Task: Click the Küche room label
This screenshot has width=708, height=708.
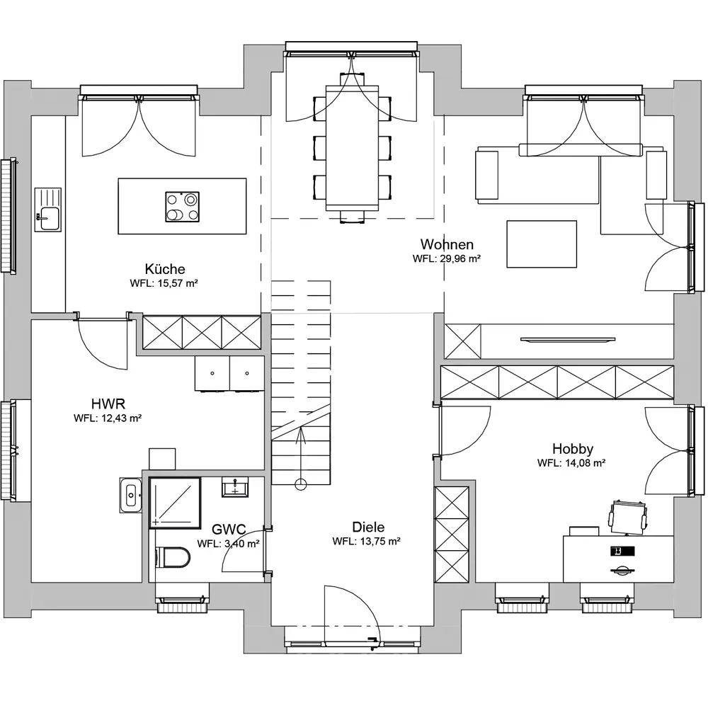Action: coord(165,268)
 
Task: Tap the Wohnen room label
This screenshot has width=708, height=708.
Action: coord(447,244)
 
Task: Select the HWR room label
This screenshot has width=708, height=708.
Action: coord(108,404)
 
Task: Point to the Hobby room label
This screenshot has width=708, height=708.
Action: coord(572,448)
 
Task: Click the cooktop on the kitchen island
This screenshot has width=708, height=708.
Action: coord(183,207)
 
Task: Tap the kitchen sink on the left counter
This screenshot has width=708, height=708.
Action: coord(48,210)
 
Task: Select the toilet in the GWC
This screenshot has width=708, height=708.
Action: coord(172,557)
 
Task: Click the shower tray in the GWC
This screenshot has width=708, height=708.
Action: coord(175,503)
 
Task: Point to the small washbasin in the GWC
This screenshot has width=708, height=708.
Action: coord(234,487)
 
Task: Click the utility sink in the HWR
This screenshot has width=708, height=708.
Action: coord(131,495)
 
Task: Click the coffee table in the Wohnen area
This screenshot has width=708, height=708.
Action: coord(542,244)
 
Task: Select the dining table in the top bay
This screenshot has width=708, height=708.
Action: coord(352,147)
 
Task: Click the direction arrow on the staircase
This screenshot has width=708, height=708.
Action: coord(301,457)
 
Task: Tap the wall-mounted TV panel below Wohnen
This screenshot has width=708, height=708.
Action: coord(568,340)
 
